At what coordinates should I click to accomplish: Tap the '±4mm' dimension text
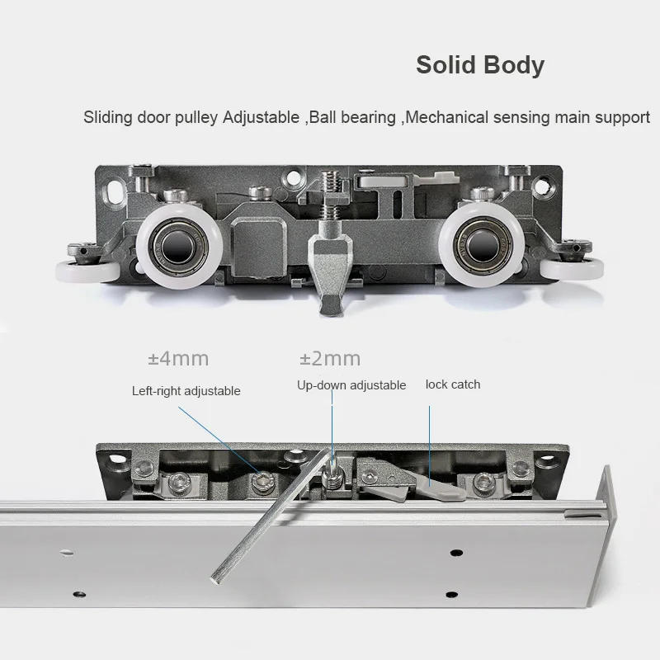pyautogui.click(x=177, y=358)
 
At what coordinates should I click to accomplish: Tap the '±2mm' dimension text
pyautogui.click(x=329, y=358)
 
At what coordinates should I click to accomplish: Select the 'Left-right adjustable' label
pyautogui.click(x=186, y=390)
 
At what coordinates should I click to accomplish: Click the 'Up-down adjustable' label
pyautogui.click(x=351, y=385)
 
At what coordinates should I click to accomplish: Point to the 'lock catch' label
pyautogui.click(x=452, y=384)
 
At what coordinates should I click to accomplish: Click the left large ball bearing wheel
pyautogui.click(x=177, y=247)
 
